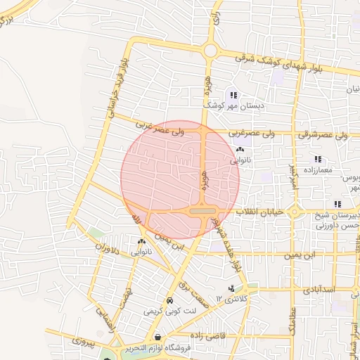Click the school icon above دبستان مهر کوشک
[233, 95]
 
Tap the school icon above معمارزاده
[319, 160]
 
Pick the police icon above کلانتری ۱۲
[231, 288]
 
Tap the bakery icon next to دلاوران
[142, 240]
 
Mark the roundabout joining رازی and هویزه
[210, 51]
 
